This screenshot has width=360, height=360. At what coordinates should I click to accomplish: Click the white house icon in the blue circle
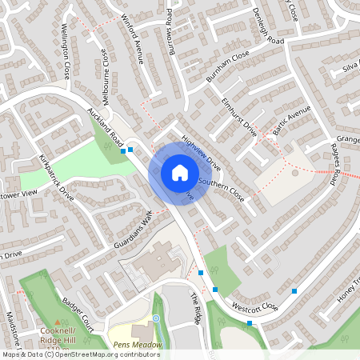click(x=180, y=172)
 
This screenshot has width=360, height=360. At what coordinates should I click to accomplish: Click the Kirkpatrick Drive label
click(x=56, y=173)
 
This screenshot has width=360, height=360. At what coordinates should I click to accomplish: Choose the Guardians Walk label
click(x=137, y=230)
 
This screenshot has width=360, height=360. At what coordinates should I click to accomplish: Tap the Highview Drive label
click(x=200, y=151)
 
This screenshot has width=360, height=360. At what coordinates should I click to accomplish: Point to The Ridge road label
click(x=197, y=308)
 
